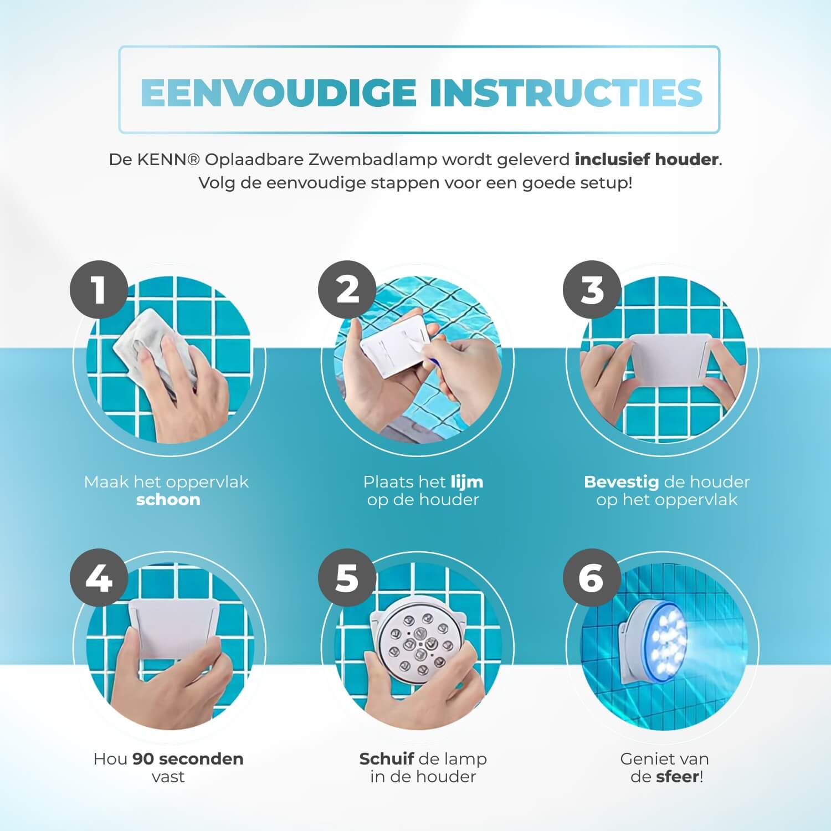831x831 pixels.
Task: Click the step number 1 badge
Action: point(99,290)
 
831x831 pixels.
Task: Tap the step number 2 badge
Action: point(347,290)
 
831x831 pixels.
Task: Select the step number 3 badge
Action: point(592,290)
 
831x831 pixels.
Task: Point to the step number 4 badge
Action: point(99,578)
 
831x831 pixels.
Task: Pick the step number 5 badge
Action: point(347,578)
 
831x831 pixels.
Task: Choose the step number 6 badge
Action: point(592,578)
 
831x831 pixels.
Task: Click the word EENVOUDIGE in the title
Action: point(279,92)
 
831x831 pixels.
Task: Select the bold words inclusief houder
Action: point(647,160)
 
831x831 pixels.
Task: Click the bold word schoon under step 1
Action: point(168,500)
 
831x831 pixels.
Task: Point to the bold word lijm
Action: point(466,482)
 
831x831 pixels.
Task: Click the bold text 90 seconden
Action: point(188,759)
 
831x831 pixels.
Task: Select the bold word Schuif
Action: point(387,759)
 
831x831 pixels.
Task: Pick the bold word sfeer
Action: point(676,777)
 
